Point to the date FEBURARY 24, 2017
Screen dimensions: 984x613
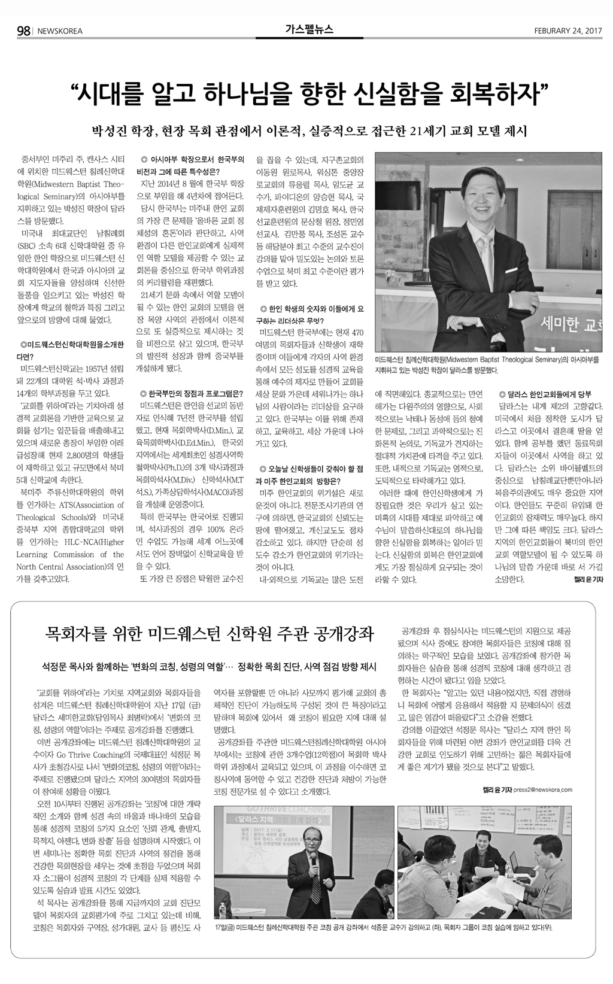pos(567,31)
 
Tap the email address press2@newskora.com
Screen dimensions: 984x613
pos(542,789)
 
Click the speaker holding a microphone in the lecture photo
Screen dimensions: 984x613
pos(316,868)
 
